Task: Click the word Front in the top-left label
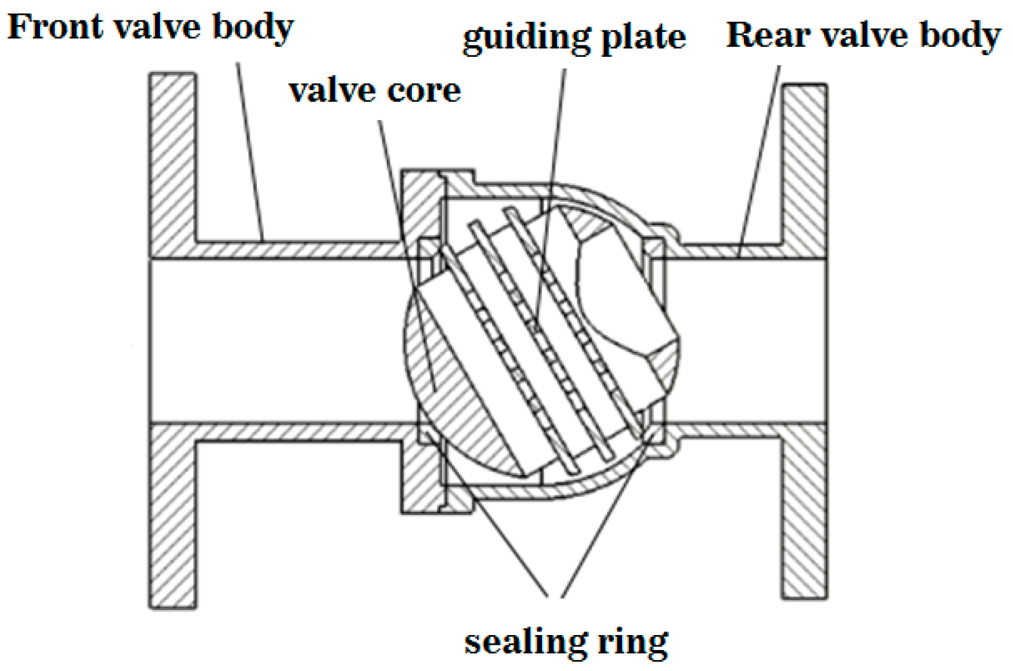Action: click(x=54, y=27)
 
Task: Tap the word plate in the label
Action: click(x=643, y=38)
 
